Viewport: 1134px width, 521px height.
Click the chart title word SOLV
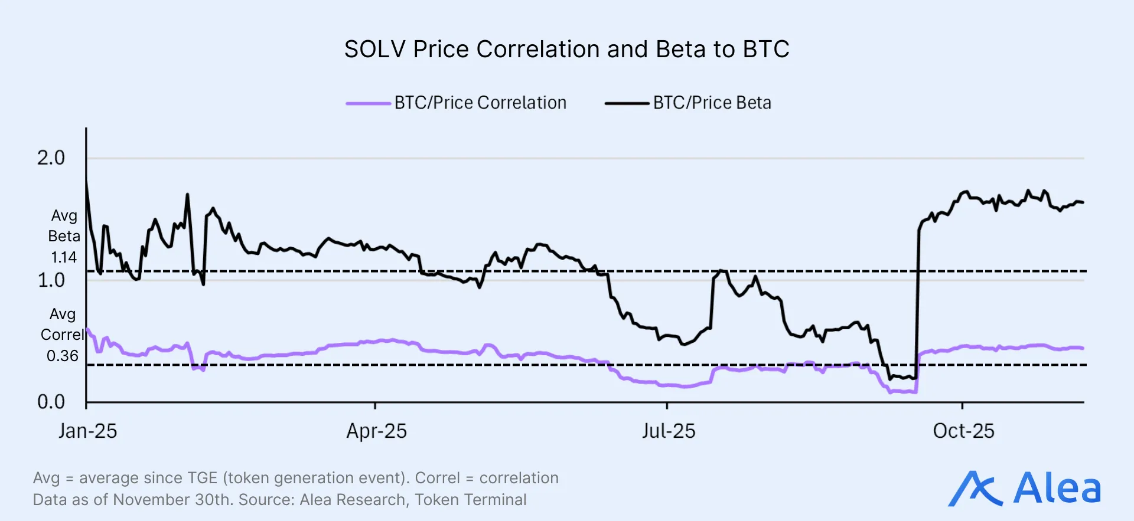coord(375,50)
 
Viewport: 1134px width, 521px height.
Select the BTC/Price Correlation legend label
coord(480,103)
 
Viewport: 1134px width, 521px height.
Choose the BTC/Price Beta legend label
coord(712,103)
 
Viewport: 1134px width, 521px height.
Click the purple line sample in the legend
coord(368,103)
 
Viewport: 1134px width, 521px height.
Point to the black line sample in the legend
coord(627,103)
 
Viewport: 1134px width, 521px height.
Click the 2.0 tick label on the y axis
coord(51,158)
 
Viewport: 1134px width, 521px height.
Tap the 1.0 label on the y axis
coord(51,280)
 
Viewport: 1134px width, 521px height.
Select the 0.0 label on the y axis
coord(51,402)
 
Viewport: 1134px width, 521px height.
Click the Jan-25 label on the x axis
coord(87,431)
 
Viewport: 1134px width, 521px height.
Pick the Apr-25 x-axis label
coord(376,431)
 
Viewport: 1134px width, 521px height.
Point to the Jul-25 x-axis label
coord(668,431)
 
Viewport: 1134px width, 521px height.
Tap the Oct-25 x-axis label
coord(963,431)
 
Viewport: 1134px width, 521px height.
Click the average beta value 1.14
coord(63,258)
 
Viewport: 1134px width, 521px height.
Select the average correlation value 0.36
coord(62,356)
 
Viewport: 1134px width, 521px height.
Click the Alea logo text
coord(1057,489)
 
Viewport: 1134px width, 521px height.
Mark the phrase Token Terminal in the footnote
coord(470,500)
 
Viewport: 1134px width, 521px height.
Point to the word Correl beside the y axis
coord(61,335)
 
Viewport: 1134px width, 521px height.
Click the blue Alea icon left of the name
coord(975,489)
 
